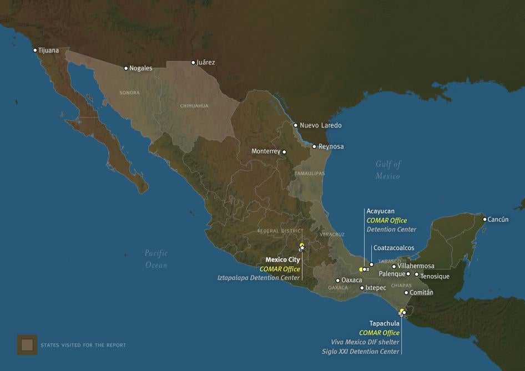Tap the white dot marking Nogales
click(x=126, y=68)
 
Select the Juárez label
click(x=205, y=63)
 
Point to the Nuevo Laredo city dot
click(x=295, y=125)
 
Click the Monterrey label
click(x=266, y=151)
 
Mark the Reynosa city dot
click(x=314, y=147)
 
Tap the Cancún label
click(x=498, y=220)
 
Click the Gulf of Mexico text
click(x=388, y=170)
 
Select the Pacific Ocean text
click(x=156, y=259)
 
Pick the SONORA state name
click(x=129, y=93)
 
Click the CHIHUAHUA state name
click(x=194, y=105)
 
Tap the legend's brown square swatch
click(x=27, y=345)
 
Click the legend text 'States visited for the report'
click(x=83, y=345)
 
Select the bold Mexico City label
click(x=282, y=260)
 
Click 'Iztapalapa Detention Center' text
click(x=259, y=278)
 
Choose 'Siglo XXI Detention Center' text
click(x=360, y=352)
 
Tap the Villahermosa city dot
click(x=394, y=267)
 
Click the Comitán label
click(x=421, y=293)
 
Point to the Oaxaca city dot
click(x=337, y=281)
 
